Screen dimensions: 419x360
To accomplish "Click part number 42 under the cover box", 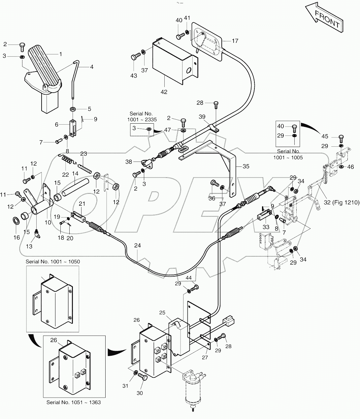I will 164,92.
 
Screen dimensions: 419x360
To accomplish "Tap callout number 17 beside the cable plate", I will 235,41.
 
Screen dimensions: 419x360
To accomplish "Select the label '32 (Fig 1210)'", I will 341,202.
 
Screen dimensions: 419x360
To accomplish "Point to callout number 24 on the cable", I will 137,245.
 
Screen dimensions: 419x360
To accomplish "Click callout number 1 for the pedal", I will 60,53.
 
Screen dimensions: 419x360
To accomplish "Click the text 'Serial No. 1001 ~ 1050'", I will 53,261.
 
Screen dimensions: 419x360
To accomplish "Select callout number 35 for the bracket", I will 246,166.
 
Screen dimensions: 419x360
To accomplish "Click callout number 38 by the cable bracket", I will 128,162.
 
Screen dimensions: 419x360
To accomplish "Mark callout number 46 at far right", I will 350,167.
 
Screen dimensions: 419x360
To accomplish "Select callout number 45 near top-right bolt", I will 325,136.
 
